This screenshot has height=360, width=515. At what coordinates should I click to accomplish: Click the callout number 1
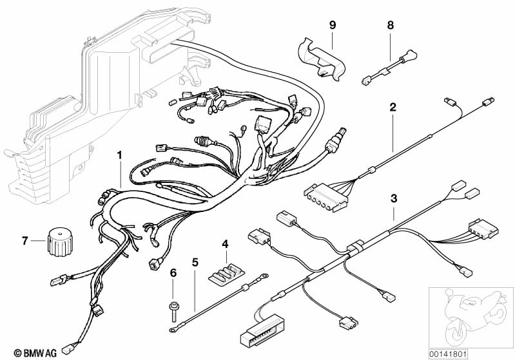(x=120, y=155)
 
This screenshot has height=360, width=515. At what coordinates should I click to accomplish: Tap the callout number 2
(x=393, y=107)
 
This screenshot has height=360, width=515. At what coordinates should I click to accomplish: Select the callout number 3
(x=394, y=198)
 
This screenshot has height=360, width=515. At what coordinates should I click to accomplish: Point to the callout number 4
(x=225, y=244)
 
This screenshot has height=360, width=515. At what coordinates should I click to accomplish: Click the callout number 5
(x=195, y=262)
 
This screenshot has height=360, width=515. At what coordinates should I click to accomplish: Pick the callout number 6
(x=173, y=272)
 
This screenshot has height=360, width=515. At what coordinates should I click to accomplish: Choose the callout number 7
(x=25, y=241)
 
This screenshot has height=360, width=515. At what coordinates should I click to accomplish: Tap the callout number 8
(x=390, y=25)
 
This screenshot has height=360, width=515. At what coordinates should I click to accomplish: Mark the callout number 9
(x=333, y=25)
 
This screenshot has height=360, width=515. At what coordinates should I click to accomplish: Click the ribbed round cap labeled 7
(x=60, y=243)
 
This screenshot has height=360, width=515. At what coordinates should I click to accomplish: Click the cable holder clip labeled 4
(x=226, y=272)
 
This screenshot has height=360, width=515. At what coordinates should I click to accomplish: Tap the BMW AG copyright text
(x=35, y=353)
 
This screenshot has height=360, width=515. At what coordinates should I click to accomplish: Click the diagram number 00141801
(x=448, y=354)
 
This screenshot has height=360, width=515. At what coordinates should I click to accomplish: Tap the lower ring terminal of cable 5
(x=173, y=330)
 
